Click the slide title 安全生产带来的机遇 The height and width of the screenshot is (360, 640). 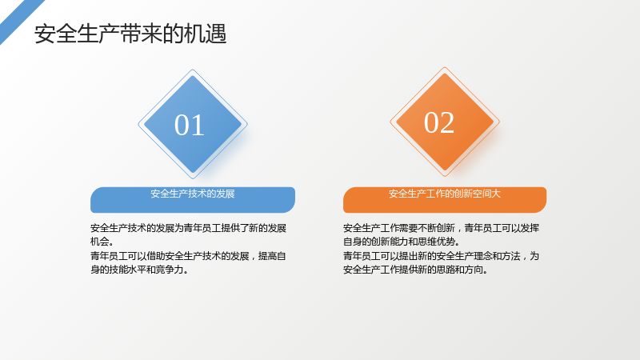(130, 34)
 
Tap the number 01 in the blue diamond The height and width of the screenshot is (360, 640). (190, 125)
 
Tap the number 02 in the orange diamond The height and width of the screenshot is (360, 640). (439, 122)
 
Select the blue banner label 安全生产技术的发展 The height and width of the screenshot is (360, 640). (193, 194)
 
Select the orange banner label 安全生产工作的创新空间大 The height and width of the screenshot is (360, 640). (445, 194)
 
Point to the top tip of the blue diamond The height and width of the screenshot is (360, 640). (193, 70)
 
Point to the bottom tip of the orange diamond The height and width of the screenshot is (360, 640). (445, 176)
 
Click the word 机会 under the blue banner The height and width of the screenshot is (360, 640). (99, 242)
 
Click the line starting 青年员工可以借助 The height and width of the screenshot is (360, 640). (188, 256)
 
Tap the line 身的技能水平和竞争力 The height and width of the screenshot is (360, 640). (139, 270)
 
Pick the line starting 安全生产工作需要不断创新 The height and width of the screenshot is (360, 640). (442, 228)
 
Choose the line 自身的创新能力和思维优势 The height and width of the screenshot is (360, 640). (402, 242)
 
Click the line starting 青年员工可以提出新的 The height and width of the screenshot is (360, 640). (442, 256)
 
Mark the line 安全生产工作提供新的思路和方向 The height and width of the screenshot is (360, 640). (415, 270)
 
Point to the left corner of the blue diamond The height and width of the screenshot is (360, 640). (138, 124)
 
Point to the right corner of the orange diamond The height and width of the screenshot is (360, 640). (499, 122)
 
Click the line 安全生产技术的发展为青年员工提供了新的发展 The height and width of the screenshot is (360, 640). (188, 228)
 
